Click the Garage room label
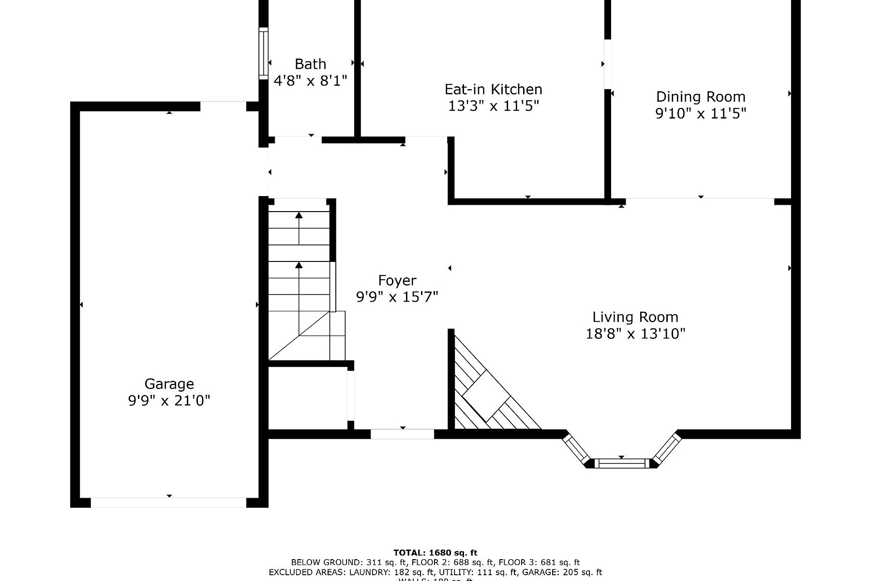[169, 384]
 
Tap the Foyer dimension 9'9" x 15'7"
[397, 297]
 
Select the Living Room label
[635, 317]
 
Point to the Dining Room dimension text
[700, 113]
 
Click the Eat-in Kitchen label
[493, 89]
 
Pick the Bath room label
[310, 64]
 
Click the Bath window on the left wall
[263, 53]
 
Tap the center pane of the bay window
[622, 463]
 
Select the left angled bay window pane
[575, 448]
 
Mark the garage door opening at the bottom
[168, 503]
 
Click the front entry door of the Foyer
[402, 434]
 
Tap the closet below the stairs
[308, 397]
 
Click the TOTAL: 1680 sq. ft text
[435, 552]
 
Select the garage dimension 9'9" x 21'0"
[169, 400]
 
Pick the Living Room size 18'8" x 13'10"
[635, 334]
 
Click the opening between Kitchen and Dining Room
[608, 64]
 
